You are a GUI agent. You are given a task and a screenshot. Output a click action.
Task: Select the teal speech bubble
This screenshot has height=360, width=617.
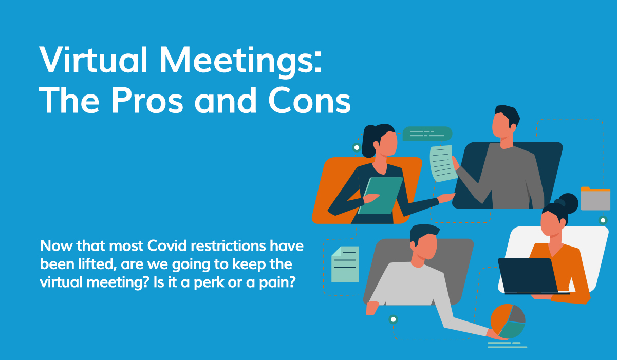pyautogui.click(x=427, y=134)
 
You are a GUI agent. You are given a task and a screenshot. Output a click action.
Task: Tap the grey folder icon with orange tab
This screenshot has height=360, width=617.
pyautogui.click(x=595, y=199)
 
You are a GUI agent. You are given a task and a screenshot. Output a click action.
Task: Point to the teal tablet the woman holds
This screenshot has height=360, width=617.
pyautogui.click(x=381, y=195)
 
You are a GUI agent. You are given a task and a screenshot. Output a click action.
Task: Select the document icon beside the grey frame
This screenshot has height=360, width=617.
pyautogui.click(x=345, y=264)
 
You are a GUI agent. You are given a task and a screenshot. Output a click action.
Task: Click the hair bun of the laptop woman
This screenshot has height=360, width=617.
pyautogui.click(x=568, y=201)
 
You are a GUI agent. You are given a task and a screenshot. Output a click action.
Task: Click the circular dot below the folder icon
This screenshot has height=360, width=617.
pyautogui.click(x=603, y=220)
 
